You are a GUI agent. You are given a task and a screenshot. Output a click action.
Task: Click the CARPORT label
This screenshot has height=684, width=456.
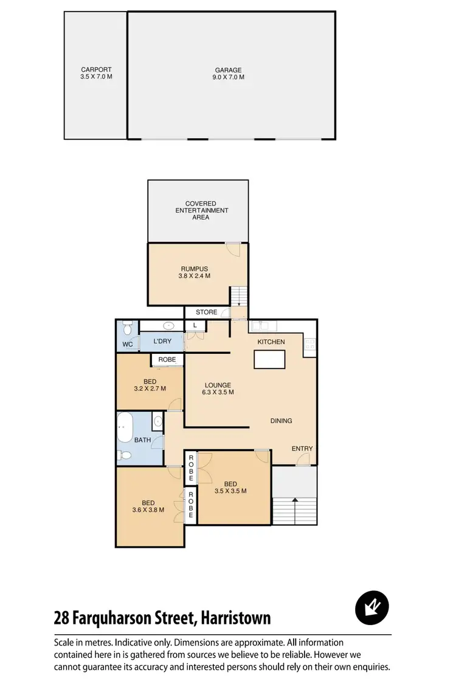[x=97, y=70]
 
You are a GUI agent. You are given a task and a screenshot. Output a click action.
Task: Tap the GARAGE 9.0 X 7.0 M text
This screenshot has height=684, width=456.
[x=229, y=74]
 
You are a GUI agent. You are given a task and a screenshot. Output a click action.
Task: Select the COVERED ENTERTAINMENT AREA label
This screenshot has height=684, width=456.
[x=201, y=210]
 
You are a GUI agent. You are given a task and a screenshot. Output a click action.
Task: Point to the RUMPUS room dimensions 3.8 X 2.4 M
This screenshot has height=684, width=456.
[x=195, y=275]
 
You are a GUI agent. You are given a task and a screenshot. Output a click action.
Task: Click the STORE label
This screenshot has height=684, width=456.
[x=206, y=312]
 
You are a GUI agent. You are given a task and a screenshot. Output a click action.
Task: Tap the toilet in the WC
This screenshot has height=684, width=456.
[x=126, y=329]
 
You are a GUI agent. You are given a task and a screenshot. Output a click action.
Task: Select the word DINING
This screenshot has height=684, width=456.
[x=281, y=421]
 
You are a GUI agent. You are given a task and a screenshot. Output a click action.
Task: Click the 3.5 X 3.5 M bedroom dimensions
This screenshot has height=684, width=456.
[x=230, y=491]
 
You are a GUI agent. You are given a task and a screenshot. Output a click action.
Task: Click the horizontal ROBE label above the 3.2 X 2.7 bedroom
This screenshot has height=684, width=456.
[x=167, y=360]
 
